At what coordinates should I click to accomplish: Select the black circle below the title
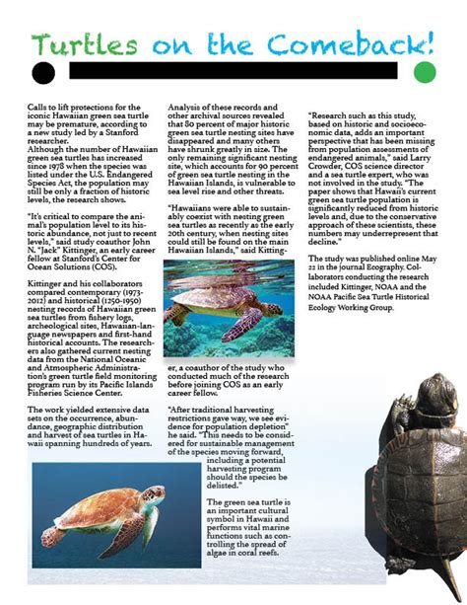(42, 71)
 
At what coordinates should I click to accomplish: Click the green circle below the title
(424, 71)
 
